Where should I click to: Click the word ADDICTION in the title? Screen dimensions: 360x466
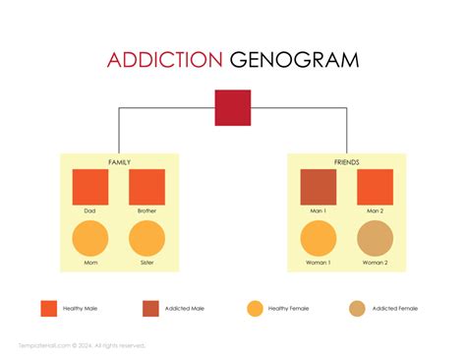click(x=165, y=60)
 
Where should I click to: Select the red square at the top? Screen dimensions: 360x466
click(x=233, y=107)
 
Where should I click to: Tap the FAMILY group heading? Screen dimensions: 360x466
click(x=119, y=161)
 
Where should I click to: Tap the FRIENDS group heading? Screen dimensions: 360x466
click(x=346, y=161)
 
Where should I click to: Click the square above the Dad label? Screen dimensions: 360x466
click(x=90, y=187)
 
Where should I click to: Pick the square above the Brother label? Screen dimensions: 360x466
click(x=147, y=187)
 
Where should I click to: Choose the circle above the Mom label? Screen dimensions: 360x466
click(x=90, y=238)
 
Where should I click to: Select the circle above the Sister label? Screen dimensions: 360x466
click(x=147, y=238)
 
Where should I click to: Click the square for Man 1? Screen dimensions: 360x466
click(x=318, y=187)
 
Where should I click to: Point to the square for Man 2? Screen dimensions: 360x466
click(x=375, y=187)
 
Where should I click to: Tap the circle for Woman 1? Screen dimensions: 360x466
click(x=318, y=238)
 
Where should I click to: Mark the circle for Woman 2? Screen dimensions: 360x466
click(x=375, y=238)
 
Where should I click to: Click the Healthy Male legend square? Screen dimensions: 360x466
click(x=48, y=308)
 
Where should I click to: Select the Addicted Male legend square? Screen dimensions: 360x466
click(x=150, y=308)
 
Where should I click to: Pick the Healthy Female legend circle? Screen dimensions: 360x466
click(x=255, y=308)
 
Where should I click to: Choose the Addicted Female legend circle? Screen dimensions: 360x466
click(x=358, y=308)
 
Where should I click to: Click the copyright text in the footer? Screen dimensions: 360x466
click(x=82, y=345)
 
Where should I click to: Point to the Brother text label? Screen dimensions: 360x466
click(x=147, y=210)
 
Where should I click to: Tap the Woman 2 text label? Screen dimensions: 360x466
click(x=375, y=262)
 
